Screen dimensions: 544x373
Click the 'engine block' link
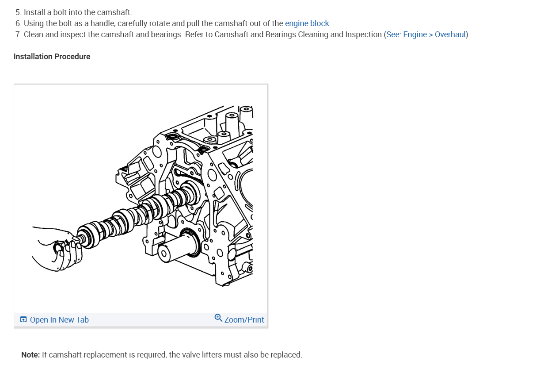coord(307,23)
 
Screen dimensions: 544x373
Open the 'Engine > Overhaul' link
coord(434,35)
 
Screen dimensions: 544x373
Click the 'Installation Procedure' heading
coord(52,57)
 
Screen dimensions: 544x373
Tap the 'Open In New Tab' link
coord(59,320)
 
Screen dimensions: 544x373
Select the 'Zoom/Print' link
coord(244,320)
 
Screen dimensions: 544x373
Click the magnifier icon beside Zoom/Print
coord(218,318)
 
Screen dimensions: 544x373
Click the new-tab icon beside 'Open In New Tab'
coord(23,320)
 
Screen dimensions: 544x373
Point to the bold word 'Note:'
coord(30,355)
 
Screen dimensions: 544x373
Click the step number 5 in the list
coord(18,12)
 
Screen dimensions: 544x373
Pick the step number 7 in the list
coord(18,35)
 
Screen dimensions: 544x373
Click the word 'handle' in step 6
coord(102,23)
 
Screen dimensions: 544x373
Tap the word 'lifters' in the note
coord(210,355)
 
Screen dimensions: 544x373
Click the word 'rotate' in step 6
coord(158,23)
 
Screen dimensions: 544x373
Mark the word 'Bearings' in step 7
coord(280,35)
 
